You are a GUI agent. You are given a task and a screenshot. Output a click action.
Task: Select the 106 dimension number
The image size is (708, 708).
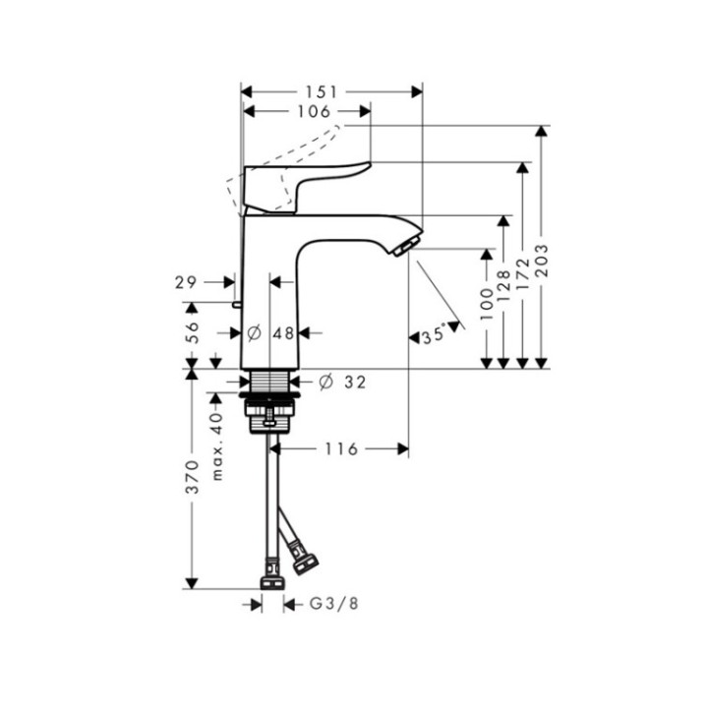coord(313,112)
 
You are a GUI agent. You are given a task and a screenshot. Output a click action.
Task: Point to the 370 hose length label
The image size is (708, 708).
coord(193,475)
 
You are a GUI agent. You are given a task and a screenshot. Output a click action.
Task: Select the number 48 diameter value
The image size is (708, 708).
coord(283,333)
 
